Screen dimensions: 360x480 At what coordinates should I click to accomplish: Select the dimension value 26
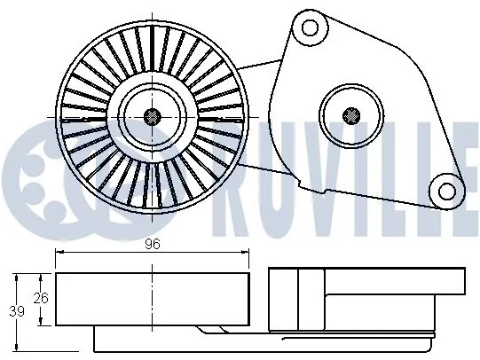tap(39, 299)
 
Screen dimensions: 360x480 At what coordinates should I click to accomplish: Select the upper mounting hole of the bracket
tap(308, 27)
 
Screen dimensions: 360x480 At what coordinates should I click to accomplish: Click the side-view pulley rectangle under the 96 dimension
tap(153, 299)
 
